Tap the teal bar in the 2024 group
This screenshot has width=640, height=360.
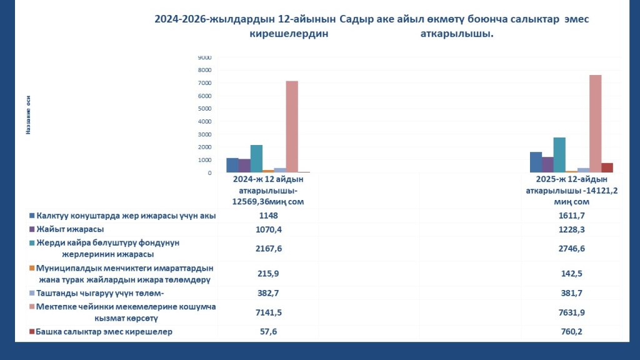tap(256, 159)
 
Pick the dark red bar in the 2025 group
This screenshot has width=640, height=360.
tap(607, 167)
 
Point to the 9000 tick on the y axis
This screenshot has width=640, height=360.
tap(204, 57)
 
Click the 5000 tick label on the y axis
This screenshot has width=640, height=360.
tap(204, 109)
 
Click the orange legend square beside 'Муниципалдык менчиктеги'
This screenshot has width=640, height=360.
tap(31, 268)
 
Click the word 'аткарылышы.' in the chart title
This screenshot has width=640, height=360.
tap(457, 34)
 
